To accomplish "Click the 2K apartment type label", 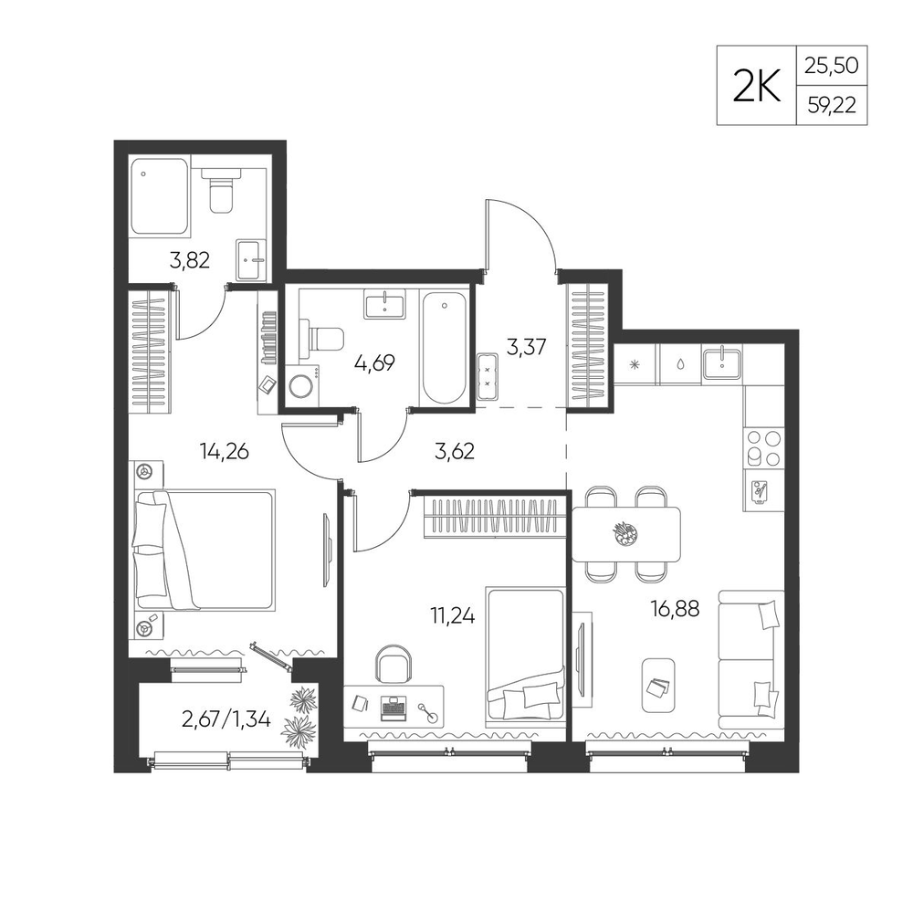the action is click(x=756, y=86).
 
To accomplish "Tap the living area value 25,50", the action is click(x=832, y=65).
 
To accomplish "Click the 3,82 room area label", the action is click(x=189, y=260).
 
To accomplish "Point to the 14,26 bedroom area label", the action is click(x=225, y=450).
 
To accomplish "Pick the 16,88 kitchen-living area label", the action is click(x=676, y=609).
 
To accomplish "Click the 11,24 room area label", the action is click(x=453, y=614).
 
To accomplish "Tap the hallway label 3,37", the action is click(x=527, y=348).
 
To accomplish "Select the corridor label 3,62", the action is click(x=455, y=451).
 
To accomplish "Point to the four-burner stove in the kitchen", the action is click(x=763, y=449).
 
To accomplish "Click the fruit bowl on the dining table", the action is click(x=624, y=533).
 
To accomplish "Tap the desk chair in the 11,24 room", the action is click(x=394, y=664).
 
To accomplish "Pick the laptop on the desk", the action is click(x=393, y=708).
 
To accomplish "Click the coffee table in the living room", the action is click(x=658, y=686).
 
